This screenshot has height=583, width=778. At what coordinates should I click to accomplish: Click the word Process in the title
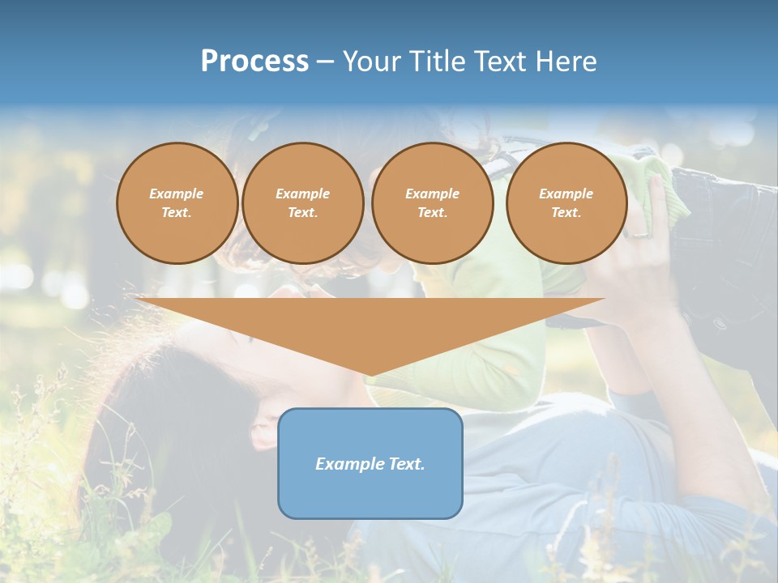(254, 62)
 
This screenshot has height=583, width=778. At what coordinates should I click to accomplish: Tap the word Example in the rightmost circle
(566, 194)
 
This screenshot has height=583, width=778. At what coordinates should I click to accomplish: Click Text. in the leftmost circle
(177, 213)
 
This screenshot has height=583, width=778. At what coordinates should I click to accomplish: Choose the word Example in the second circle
(303, 194)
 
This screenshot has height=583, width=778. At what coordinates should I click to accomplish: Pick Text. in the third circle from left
(432, 213)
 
